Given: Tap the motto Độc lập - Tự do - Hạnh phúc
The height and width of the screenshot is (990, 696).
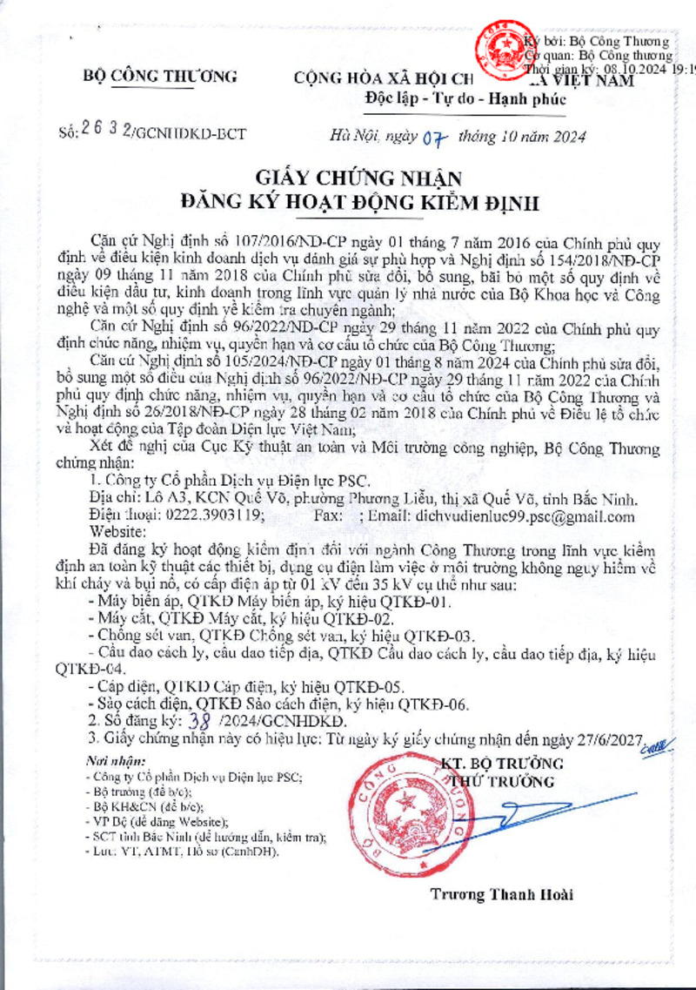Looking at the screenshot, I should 465,98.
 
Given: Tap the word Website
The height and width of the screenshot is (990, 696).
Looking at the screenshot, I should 118,533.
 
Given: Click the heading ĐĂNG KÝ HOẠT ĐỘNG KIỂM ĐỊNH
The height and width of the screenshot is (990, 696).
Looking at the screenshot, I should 360,204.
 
